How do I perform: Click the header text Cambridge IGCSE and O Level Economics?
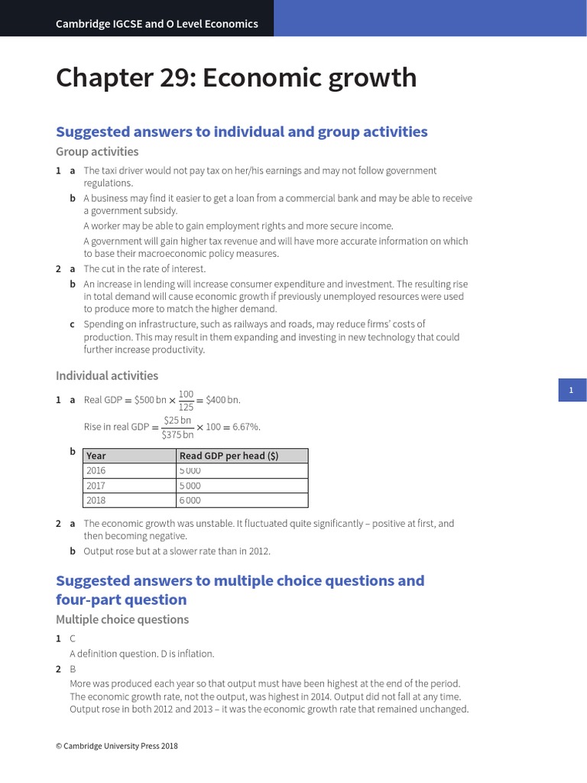coord(157,24)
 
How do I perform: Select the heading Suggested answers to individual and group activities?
coord(242,132)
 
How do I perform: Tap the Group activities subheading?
coord(97,151)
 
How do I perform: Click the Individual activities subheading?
coord(107,375)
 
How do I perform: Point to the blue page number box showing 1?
coord(570,391)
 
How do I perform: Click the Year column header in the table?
coord(96,456)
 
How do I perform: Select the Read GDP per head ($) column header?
coord(229,456)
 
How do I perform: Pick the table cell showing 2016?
coord(96,470)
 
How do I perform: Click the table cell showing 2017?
coord(96,486)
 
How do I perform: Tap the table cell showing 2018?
coord(96,500)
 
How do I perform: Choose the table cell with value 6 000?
coord(190,500)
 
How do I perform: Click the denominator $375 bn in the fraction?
coord(177,434)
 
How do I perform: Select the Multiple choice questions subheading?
coord(122,619)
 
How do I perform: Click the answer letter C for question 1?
coord(73,638)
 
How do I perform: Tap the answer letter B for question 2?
coord(73,669)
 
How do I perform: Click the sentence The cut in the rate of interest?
coord(144,269)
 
